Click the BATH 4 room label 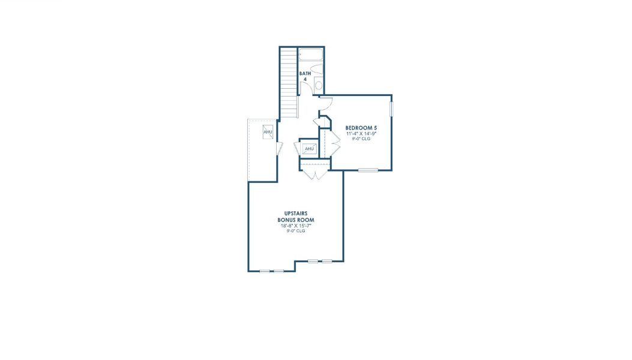tap(305, 76)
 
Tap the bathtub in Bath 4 tap(311, 56)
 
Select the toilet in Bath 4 tap(318, 85)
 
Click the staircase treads tap(289, 84)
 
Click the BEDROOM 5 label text tap(361, 128)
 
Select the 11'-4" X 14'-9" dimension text tap(361, 134)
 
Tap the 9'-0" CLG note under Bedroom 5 tap(361, 139)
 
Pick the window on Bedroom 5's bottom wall tap(368, 170)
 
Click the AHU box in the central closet tap(309, 148)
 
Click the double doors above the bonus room tap(314, 173)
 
